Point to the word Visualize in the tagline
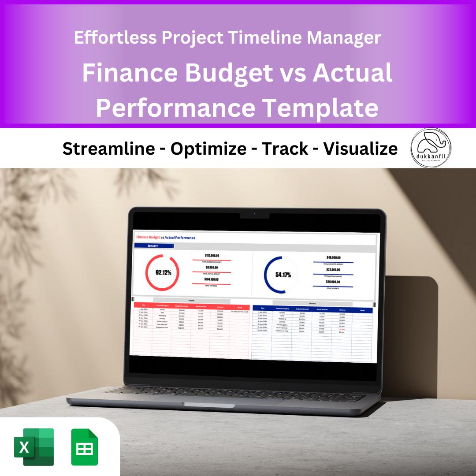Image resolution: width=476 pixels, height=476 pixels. tap(361, 149)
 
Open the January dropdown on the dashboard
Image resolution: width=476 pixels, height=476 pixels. tap(154, 246)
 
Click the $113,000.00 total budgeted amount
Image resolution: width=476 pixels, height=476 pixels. tap(212, 256)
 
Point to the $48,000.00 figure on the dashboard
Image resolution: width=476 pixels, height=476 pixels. tap(333, 257)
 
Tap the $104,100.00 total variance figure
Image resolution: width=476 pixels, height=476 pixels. tap(212, 279)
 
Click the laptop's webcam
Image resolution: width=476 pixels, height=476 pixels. tap(254, 214)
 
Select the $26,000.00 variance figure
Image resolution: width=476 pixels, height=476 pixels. tap(333, 282)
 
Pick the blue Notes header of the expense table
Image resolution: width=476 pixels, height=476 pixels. tap(362, 310)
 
